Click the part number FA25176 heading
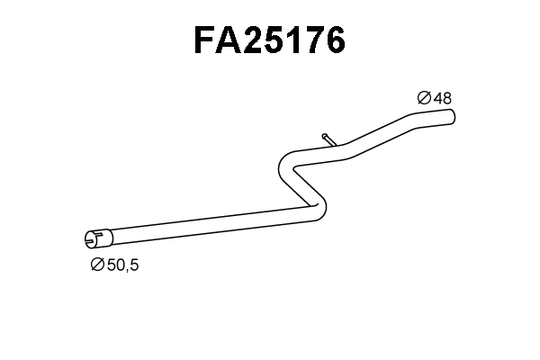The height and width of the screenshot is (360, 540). (269, 40)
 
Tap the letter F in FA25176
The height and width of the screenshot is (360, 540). (205, 40)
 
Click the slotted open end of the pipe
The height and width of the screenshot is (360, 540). (93, 238)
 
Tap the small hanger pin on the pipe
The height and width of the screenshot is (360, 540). (327, 139)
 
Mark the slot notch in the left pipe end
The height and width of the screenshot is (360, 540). (90, 239)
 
